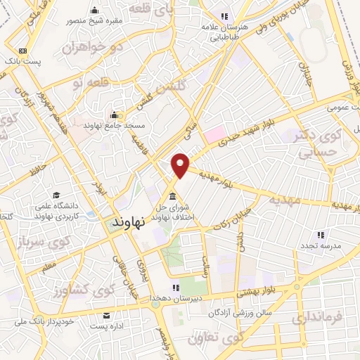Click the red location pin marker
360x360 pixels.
(181, 164)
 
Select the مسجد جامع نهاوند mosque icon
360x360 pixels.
(114, 115)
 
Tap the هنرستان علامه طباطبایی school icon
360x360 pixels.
(224, 16)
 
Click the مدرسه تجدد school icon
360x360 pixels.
(321, 235)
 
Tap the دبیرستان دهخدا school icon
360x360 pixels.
(176, 287)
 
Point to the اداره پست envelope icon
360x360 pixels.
(106, 315)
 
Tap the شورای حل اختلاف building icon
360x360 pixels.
(172, 196)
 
